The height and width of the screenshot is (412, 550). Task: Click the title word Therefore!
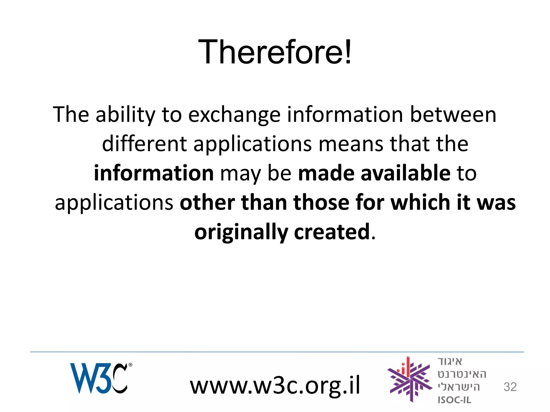pos(274,52)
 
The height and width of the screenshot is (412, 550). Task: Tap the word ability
pos(125,115)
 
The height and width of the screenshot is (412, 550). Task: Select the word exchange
pos(234,115)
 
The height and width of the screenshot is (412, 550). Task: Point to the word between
pos(453,115)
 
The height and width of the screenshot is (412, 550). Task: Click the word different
pos(144,144)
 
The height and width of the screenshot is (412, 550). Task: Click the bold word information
pos(154,173)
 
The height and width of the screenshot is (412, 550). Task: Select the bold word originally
pos(241,232)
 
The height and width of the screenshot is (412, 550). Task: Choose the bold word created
pos(332,232)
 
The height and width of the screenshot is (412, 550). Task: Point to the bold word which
pos(420,203)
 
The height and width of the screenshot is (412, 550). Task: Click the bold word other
pos(207,203)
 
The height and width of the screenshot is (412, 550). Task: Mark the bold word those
pos(321,203)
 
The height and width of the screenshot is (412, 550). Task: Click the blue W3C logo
pos(98,378)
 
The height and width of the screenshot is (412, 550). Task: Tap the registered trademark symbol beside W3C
pos(131,365)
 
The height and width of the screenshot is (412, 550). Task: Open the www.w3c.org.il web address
pos(275,385)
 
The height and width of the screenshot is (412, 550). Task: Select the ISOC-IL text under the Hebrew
pos(454,400)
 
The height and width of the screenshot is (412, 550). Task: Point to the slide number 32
pos(510,387)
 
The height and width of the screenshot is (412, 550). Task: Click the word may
pos(240,174)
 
